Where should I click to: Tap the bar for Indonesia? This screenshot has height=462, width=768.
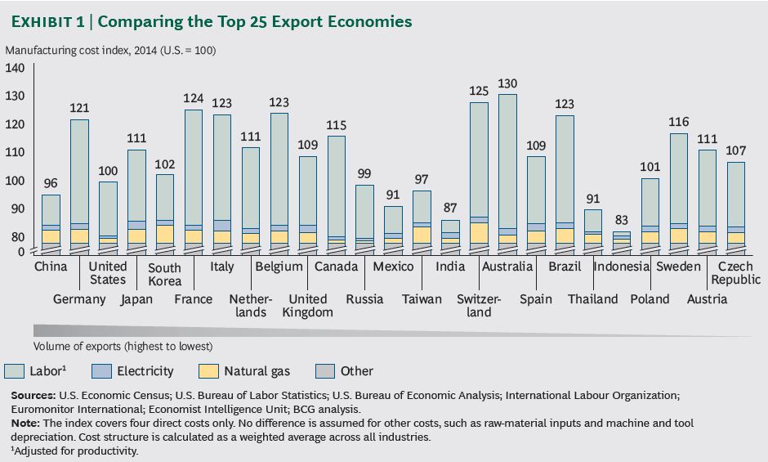tap(622, 240)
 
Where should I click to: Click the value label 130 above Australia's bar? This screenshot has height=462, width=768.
tap(507, 84)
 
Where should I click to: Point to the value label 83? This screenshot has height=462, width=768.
tap(622, 220)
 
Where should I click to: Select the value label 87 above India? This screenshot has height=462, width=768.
tap(450, 209)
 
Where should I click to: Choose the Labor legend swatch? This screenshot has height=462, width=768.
tap(16, 371)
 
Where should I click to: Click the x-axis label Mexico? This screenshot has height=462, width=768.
tap(393, 267)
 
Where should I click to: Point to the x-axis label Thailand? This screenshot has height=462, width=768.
tap(593, 299)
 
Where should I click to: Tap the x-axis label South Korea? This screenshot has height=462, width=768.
tap(164, 274)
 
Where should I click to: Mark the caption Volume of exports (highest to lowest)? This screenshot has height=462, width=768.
tap(123, 346)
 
